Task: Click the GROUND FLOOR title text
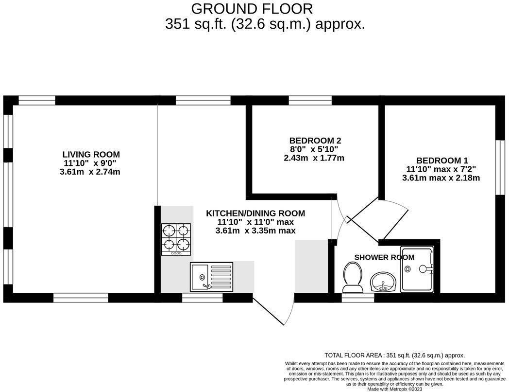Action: pos(252,9)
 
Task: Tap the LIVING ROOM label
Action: pos(91,155)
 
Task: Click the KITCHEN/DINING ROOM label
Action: pos(255,213)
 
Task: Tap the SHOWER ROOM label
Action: pos(384,257)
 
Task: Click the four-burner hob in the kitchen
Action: pos(176,239)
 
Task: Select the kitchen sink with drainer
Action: pos(212,277)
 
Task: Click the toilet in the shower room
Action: pos(352,277)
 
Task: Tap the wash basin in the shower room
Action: pos(384,282)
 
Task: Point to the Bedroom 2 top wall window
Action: pos(310,100)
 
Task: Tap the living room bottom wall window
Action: pos(81,298)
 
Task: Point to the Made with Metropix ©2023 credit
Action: pos(394,389)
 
